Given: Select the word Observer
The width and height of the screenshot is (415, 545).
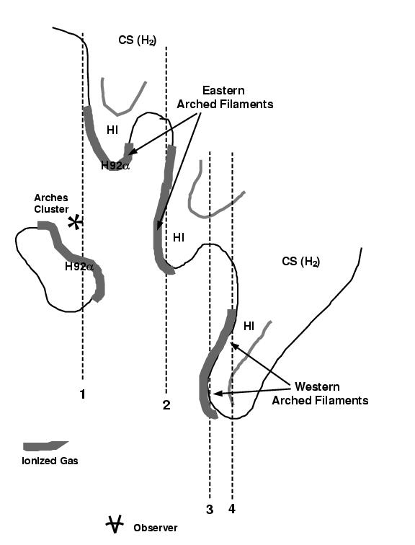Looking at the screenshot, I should tap(155, 528).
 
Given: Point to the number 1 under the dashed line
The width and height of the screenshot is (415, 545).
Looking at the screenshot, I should tap(82, 394).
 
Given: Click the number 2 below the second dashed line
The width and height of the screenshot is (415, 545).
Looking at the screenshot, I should tap(166, 405).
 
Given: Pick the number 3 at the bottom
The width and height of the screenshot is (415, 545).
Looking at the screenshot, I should tap(210, 510).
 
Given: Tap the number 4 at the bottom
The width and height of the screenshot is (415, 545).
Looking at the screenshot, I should tap(232, 510).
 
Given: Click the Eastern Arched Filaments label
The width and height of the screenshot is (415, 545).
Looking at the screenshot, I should tap(225, 97).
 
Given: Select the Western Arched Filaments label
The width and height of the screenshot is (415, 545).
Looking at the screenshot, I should tap(319, 394).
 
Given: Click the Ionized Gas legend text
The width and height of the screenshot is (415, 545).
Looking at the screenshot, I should tap(50, 461).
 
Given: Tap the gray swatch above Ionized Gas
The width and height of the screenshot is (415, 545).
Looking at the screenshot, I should tap(45, 446).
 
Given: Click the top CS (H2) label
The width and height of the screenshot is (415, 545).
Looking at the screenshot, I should tap(137, 40).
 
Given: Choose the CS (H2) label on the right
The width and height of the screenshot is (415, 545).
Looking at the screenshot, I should tap(300, 261).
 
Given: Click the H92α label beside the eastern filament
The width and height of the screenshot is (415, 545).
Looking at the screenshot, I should tap(115, 166).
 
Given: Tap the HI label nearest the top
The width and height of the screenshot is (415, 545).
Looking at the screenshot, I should tap(112, 130).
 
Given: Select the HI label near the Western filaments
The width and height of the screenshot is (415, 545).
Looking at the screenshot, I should tap(249, 326).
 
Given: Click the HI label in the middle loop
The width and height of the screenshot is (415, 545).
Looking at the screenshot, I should tap(179, 236).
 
